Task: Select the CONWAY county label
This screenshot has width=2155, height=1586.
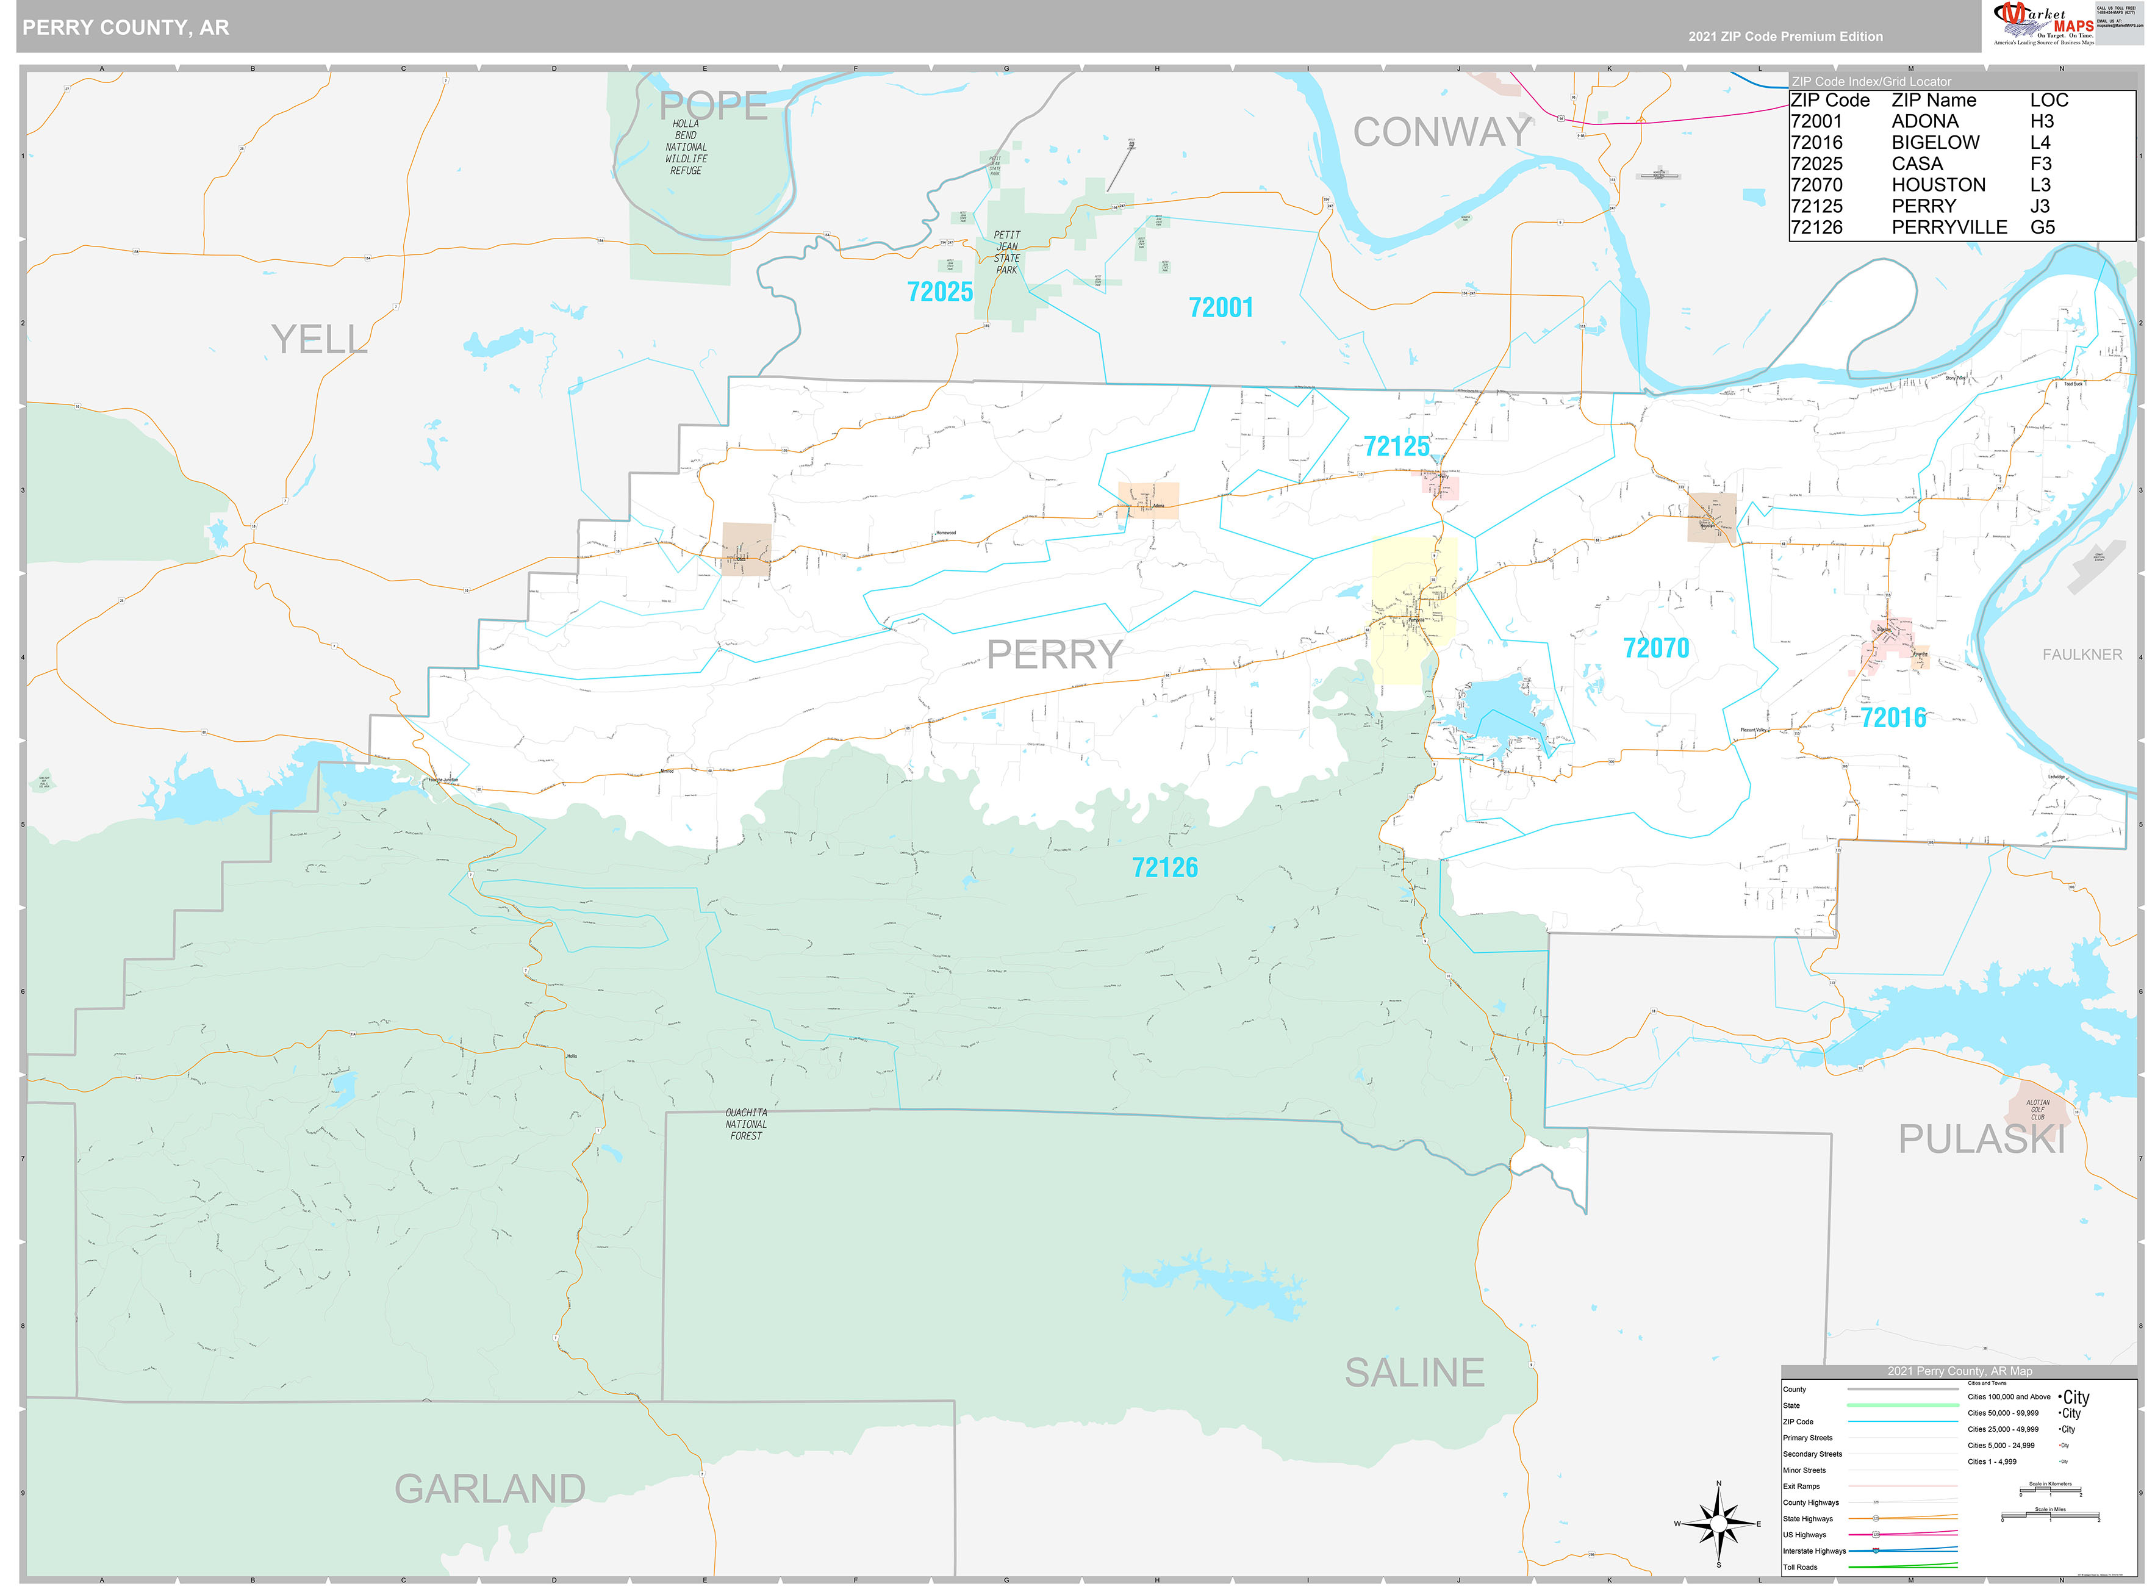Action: coord(1442,132)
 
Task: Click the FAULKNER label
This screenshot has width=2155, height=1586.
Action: coord(2081,655)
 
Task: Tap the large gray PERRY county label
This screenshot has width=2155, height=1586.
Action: coord(1054,655)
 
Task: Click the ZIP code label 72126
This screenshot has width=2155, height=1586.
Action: coord(1164,868)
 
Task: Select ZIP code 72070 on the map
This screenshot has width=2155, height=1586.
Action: coord(1656,648)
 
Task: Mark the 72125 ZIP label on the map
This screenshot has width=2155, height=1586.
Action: coord(1397,447)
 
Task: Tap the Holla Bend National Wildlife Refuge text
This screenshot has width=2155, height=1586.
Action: coord(686,147)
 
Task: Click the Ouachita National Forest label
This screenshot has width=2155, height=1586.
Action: coord(746,1124)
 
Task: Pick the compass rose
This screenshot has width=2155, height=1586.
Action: coord(1718,1524)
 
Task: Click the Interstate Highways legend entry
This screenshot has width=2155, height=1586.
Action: coord(1813,1551)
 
